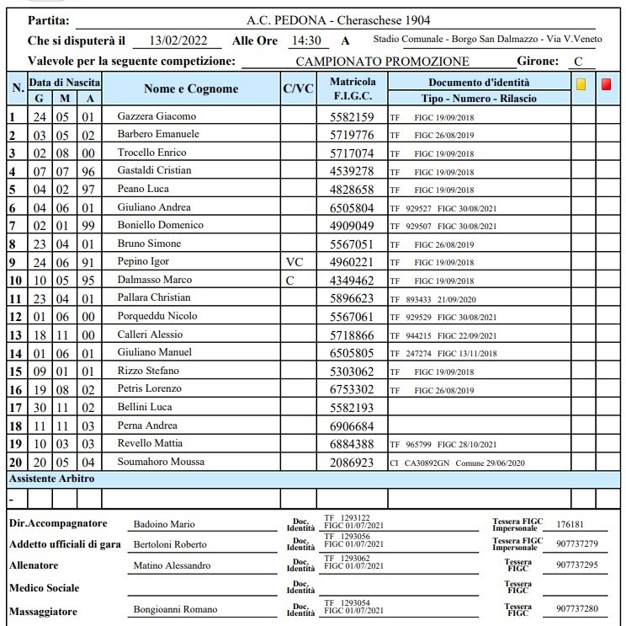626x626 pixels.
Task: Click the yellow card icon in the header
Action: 581,84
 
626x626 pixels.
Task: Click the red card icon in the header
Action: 606,84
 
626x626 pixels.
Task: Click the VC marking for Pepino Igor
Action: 294,261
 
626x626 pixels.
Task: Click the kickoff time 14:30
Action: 305,40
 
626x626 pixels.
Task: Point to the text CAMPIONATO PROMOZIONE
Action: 383,62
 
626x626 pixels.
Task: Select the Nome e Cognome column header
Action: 191,89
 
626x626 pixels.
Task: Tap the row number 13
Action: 15,334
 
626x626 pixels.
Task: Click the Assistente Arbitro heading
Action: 51,479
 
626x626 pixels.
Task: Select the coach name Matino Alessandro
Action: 172,565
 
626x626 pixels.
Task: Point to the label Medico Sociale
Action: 44,587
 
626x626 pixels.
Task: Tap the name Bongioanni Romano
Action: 175,609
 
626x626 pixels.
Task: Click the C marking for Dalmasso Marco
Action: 290,280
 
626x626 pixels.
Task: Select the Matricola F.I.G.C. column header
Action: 353,89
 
